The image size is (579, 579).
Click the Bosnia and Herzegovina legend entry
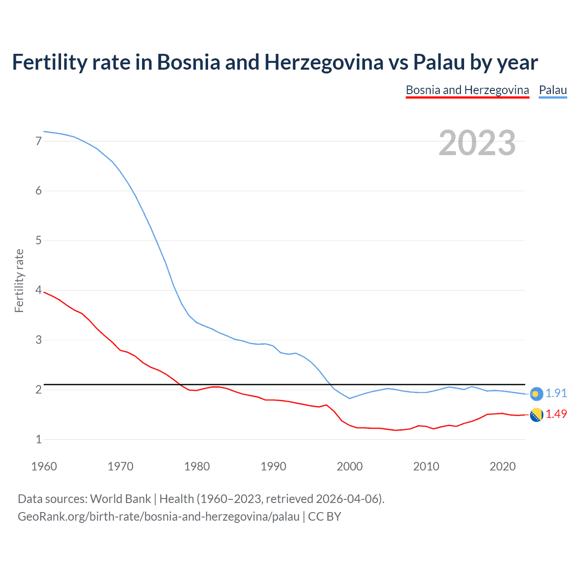[x=467, y=90]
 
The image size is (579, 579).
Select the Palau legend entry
[x=553, y=90]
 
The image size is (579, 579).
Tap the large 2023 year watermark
[x=477, y=143]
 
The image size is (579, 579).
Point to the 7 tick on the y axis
[x=38, y=141]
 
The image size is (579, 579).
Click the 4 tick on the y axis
[x=38, y=290]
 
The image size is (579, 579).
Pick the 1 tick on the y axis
[x=38, y=439]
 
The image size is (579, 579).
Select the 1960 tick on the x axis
[x=44, y=466]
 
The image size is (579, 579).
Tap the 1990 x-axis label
[x=273, y=466]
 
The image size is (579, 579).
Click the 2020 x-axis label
[x=503, y=466]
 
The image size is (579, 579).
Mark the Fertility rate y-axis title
[x=19, y=280]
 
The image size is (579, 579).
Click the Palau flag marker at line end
[x=536, y=394]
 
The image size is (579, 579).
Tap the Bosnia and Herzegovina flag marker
[x=536, y=415]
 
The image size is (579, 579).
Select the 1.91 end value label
[x=556, y=394]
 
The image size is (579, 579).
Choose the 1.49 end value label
[x=556, y=414]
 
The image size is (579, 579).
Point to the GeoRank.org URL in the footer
[x=158, y=517]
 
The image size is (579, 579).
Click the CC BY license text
[x=324, y=517]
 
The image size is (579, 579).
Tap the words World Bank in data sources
[x=120, y=499]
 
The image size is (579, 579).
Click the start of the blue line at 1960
[x=44, y=132]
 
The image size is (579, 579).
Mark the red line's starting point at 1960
[x=44, y=292]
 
